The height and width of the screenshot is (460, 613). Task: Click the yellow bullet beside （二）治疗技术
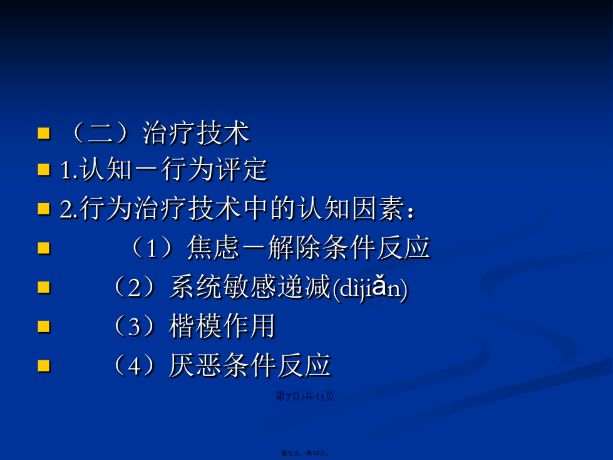coord(44,133)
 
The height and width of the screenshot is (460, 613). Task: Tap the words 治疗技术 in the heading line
coord(195,133)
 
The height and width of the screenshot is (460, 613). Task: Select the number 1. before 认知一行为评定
coord(70,170)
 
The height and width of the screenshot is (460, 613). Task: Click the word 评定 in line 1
coord(241,170)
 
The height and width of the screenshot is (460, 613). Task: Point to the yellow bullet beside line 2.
coord(44,209)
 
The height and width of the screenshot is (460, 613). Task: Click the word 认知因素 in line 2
coord(351,208)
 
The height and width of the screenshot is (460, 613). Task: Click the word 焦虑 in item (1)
coord(213,248)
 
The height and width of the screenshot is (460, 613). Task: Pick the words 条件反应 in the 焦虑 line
coord(377,248)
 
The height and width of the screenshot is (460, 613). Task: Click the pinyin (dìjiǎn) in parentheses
coord(370,289)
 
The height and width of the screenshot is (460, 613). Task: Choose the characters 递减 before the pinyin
coord(305,287)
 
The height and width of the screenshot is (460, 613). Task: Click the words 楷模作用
coord(222,326)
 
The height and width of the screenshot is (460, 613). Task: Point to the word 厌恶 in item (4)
coord(195,365)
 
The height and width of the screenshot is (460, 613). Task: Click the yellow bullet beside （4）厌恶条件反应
coord(44,366)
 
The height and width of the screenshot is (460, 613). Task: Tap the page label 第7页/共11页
coord(304,397)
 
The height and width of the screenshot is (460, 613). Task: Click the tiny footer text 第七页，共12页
coord(306,453)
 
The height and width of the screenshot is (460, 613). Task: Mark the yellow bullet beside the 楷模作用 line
coord(44,327)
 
